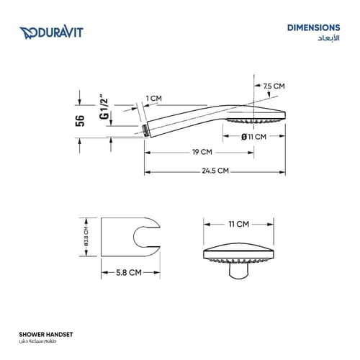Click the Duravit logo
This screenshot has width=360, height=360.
[x=51, y=32]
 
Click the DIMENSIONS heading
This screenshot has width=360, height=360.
[x=313, y=27]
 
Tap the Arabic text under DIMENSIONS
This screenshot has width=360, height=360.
[x=328, y=38]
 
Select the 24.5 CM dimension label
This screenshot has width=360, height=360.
[x=215, y=171]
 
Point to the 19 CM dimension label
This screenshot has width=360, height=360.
[x=202, y=152]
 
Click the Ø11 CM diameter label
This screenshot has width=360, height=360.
[x=253, y=137]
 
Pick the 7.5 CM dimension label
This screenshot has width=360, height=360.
[x=274, y=86]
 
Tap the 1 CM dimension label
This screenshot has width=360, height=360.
[x=154, y=98]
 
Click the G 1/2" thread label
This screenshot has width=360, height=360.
[x=104, y=109]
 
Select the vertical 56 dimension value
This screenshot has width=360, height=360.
[x=80, y=121]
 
